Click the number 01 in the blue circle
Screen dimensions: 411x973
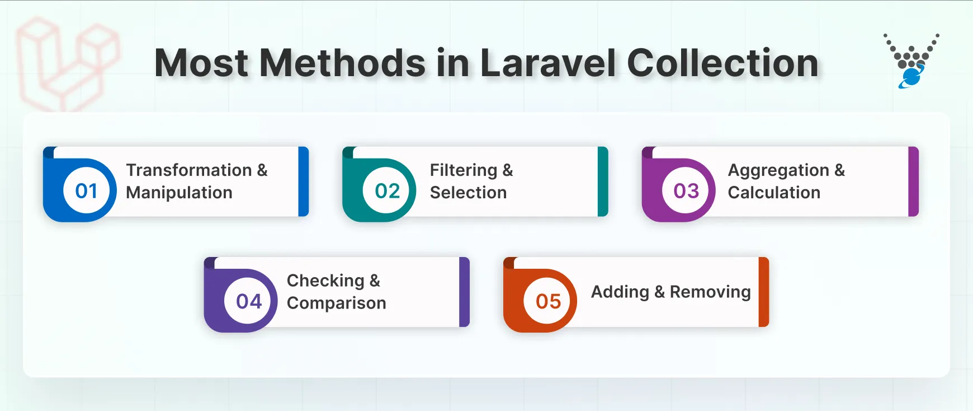click(x=87, y=191)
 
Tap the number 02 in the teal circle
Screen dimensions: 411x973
click(x=387, y=191)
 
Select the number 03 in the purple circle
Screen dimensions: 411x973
click(x=686, y=191)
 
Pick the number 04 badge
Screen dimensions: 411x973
click(x=249, y=301)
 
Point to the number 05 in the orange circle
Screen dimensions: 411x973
click(x=548, y=301)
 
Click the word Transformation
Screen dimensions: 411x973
click(x=189, y=170)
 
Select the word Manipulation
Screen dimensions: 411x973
click(x=179, y=193)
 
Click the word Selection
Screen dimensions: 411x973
click(x=468, y=193)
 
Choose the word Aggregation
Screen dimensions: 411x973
click(x=778, y=170)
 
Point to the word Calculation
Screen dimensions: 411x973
click(x=774, y=193)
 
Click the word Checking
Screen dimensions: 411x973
click(x=325, y=281)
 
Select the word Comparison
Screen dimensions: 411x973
click(x=336, y=303)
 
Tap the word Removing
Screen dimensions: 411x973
click(x=710, y=292)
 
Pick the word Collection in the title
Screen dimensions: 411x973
click(x=722, y=63)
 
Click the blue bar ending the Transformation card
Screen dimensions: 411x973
click(x=304, y=181)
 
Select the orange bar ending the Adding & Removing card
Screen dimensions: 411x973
click(x=764, y=292)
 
